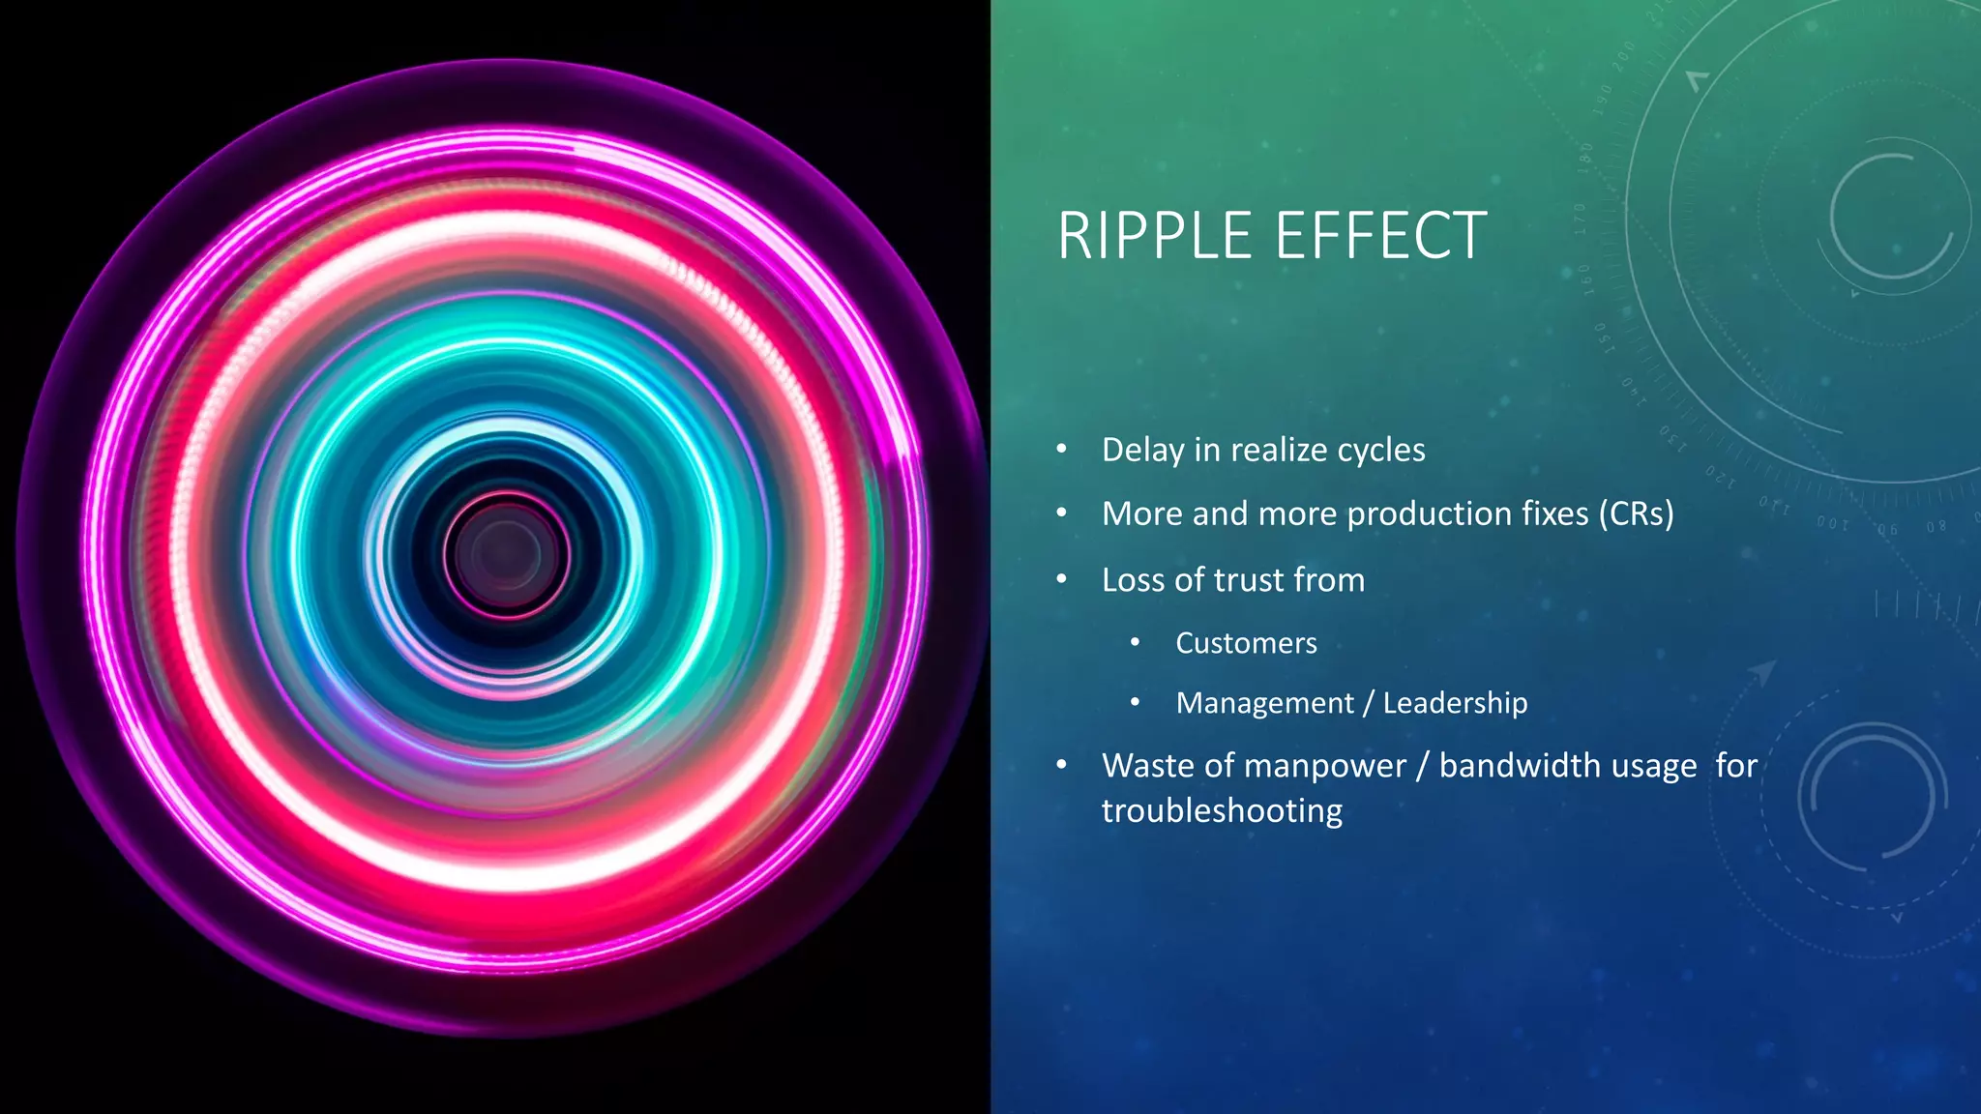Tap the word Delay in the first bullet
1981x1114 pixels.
(x=1142, y=451)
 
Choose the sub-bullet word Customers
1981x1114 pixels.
(x=1246, y=644)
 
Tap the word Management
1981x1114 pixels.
(x=1264, y=703)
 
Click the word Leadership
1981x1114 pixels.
(x=1455, y=703)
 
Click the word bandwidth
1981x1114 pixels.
(x=1568, y=766)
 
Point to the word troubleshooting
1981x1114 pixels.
(x=1222, y=810)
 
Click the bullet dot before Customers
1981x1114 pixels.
(x=1135, y=643)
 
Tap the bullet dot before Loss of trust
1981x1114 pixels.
(x=1061, y=579)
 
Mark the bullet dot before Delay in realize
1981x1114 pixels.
(x=1061, y=450)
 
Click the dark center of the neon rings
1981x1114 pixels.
(x=505, y=553)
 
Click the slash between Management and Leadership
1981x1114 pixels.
(x=1368, y=704)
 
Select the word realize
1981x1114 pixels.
(x=1278, y=451)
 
